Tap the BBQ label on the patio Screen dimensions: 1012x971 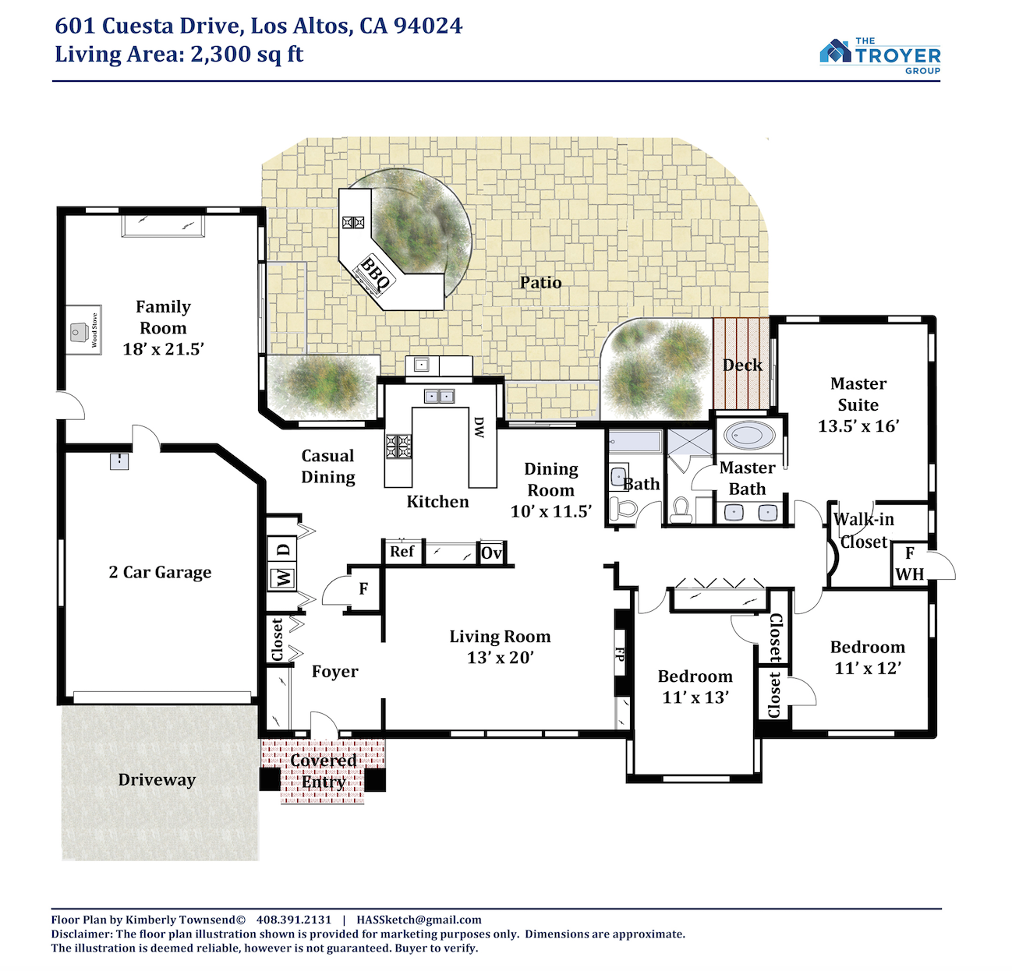pyautogui.click(x=374, y=274)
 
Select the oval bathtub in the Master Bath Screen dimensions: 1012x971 pyautogui.click(x=749, y=435)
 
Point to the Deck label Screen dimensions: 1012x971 pyautogui.click(x=742, y=365)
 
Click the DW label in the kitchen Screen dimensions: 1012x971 pyautogui.click(x=479, y=427)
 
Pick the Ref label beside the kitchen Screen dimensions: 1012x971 pyautogui.click(x=402, y=551)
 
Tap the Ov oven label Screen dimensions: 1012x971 pyautogui.click(x=491, y=553)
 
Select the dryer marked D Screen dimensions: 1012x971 pyautogui.click(x=282, y=549)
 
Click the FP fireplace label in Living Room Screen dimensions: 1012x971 pyautogui.click(x=619, y=654)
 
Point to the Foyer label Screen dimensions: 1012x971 pyautogui.click(x=335, y=671)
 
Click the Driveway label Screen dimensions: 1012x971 pyautogui.click(x=157, y=779)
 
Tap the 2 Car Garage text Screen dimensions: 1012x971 pyautogui.click(x=160, y=572)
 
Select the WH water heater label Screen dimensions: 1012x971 pyautogui.click(x=910, y=574)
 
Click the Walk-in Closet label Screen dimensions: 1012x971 pyautogui.click(x=864, y=531)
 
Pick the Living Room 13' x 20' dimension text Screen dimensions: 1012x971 pyautogui.click(x=500, y=658)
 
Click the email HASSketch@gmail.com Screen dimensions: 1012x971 pyautogui.click(x=419, y=920)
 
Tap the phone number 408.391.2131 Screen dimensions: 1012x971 pyautogui.click(x=294, y=920)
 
